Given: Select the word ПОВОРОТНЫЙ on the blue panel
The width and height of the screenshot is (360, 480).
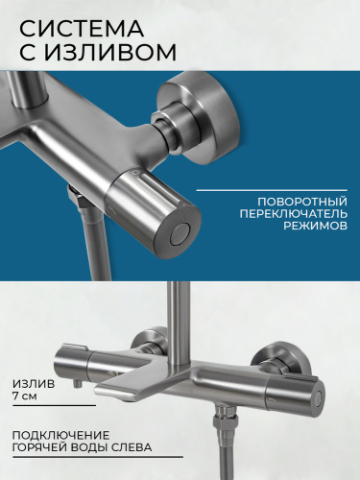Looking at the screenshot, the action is tap(302, 202).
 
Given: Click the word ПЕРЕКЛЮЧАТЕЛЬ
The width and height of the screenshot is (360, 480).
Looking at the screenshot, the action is tap(294, 213).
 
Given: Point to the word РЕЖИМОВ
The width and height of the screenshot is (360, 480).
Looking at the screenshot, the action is tap(316, 225).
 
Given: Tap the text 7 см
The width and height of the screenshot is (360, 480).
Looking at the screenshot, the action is tap(25, 396).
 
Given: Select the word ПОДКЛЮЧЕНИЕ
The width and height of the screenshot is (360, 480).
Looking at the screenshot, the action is tap(60, 435).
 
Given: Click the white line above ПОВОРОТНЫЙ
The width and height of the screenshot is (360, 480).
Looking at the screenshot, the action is tap(272, 190).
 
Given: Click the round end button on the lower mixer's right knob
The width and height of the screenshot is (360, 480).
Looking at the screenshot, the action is tap(318, 396).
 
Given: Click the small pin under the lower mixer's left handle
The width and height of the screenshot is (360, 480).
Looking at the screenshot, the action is tap(77, 384).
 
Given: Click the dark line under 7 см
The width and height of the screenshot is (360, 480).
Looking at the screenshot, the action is tap(55, 405).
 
